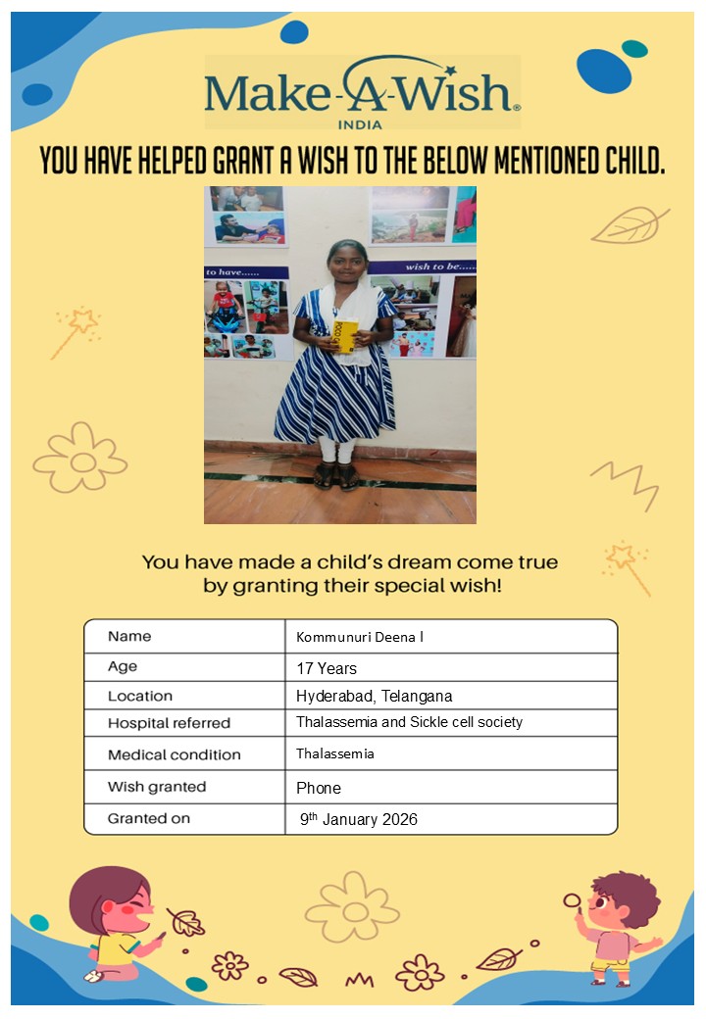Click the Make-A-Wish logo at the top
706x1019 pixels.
pyautogui.click(x=361, y=90)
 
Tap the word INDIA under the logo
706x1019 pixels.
pyautogui.click(x=360, y=124)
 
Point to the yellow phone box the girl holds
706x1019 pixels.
pyautogui.click(x=347, y=336)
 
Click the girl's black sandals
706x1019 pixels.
pyautogui.click(x=336, y=476)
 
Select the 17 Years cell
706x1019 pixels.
pyautogui.click(x=327, y=668)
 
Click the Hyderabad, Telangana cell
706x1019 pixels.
pyautogui.click(x=374, y=696)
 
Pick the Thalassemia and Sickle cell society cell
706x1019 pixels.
pyautogui.click(x=409, y=722)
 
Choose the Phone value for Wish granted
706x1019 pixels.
pyautogui.click(x=319, y=788)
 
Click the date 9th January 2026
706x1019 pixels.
pyautogui.click(x=359, y=819)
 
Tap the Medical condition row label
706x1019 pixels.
pyautogui.click(x=174, y=754)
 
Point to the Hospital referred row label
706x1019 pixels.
pyautogui.click(x=169, y=723)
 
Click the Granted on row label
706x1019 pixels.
pyautogui.click(x=149, y=818)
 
